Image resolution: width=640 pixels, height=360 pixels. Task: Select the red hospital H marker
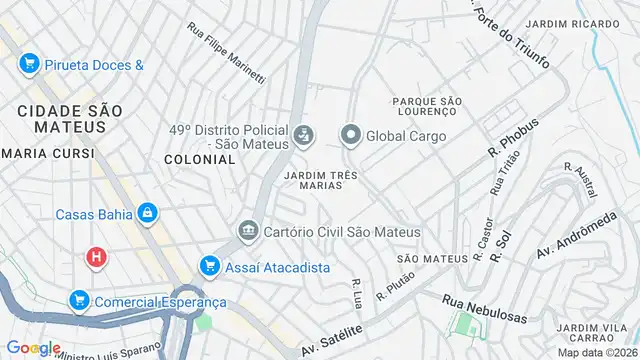(96, 257)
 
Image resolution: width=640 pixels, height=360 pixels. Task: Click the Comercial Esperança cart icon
(79, 300)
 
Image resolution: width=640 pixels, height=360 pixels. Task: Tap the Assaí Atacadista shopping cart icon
(208, 265)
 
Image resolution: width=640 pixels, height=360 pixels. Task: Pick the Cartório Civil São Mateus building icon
(247, 231)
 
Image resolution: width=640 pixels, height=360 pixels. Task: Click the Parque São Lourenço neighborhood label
(426, 105)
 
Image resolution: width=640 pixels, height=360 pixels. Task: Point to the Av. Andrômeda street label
(575, 237)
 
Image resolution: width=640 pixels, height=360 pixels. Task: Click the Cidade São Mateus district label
(61, 117)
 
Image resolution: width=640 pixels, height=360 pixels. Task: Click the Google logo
(33, 347)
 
